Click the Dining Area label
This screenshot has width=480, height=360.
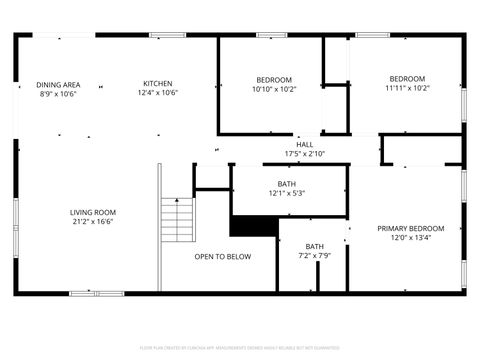[x=58, y=84]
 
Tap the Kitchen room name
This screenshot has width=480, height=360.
[x=157, y=83]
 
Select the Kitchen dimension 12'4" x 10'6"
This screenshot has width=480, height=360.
[x=157, y=93]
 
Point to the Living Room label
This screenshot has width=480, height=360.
[x=92, y=212]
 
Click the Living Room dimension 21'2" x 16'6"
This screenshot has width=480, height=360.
[x=92, y=222]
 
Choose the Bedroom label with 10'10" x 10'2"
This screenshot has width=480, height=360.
[x=273, y=80]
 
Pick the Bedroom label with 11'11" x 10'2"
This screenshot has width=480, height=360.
[x=407, y=79]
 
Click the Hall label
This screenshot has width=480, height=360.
[x=304, y=144]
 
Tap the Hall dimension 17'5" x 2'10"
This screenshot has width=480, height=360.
[x=304, y=153]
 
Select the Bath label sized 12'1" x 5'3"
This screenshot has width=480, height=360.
[x=286, y=184]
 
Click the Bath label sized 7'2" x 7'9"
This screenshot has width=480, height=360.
[x=315, y=247]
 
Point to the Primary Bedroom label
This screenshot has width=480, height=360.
[x=410, y=229]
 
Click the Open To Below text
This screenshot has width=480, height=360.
[x=222, y=257]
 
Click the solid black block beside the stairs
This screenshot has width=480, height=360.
[x=252, y=226]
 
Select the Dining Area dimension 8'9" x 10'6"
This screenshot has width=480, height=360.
[x=58, y=94]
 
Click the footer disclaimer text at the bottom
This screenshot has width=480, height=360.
[x=239, y=347]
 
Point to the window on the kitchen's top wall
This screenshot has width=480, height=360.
[x=167, y=36]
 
